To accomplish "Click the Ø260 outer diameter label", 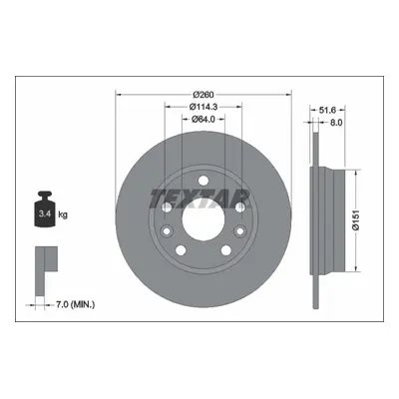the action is point(203,95).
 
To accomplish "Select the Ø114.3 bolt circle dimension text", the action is point(203,107).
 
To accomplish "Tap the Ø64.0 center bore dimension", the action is point(203,119).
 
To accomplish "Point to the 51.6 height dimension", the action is point(327,110).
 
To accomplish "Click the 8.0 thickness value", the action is point(336,123).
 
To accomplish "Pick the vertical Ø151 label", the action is point(356,220).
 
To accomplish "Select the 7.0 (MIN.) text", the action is point(74,304).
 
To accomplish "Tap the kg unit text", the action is point(63,214).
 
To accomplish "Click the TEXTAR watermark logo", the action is point(200,199).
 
